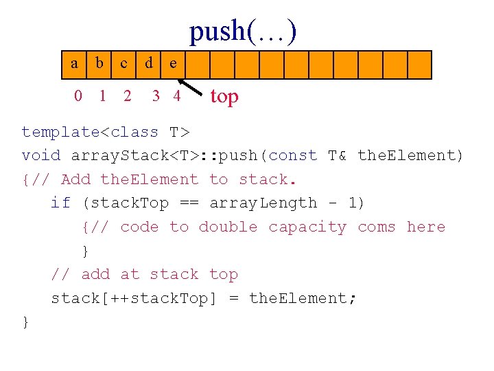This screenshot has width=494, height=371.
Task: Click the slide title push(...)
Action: coord(243,32)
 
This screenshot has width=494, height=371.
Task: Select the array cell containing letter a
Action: coord(74,65)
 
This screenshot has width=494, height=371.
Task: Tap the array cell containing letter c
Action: coord(123,65)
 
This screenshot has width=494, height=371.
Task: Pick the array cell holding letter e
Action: coord(173,65)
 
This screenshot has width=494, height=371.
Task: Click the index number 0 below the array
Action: coord(78,95)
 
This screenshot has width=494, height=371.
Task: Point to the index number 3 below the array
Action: coord(156,95)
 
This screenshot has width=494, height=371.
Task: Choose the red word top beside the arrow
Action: coord(224,97)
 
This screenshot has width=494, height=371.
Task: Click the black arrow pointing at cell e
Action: coord(190,87)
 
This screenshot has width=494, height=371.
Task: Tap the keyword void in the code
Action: coord(41,155)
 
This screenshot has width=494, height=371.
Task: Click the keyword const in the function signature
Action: coord(293,155)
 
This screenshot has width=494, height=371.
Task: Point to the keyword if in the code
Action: coord(61,202)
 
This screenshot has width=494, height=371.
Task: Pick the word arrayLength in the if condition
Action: coord(263,203)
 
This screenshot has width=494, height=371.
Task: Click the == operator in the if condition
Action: coord(189,203)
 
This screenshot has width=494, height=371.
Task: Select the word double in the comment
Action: coord(228,227)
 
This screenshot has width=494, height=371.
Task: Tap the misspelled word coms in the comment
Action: coord(377,227)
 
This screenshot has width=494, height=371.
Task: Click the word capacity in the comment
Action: coord(307,227)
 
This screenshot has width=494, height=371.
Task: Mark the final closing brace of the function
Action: coord(26,322)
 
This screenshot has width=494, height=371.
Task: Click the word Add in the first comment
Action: coord(75,179)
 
